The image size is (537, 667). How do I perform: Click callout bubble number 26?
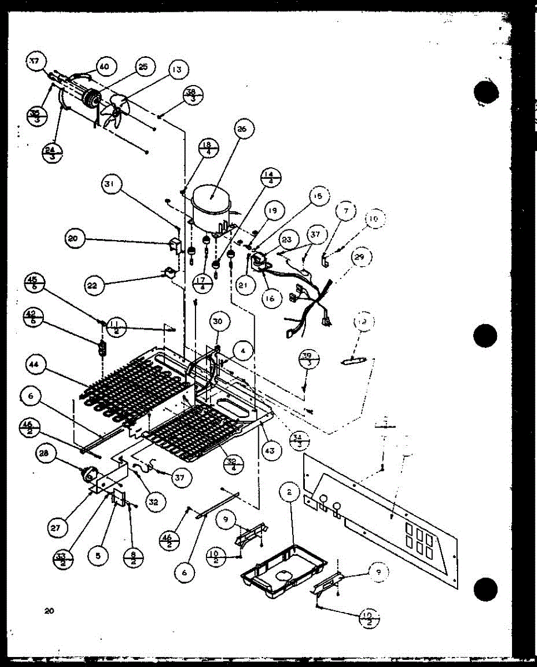(x=241, y=129)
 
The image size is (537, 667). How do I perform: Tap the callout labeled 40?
(x=103, y=67)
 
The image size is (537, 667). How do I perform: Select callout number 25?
(x=142, y=67)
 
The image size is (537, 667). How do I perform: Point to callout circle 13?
(x=176, y=69)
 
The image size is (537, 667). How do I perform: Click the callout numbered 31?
(x=111, y=185)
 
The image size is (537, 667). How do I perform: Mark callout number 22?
(x=95, y=285)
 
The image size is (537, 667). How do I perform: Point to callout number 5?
(x=98, y=554)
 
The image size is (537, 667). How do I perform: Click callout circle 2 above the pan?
(x=289, y=492)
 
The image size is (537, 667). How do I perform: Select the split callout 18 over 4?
(x=209, y=148)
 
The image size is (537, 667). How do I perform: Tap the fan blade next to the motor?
(x=116, y=111)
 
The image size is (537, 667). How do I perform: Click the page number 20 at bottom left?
(x=49, y=611)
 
